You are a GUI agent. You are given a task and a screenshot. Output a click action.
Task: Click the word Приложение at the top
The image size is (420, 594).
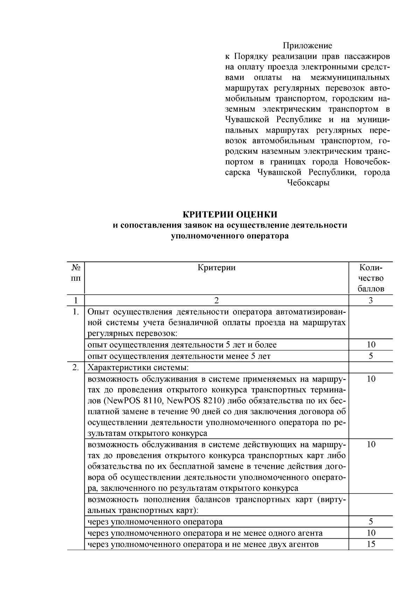307,46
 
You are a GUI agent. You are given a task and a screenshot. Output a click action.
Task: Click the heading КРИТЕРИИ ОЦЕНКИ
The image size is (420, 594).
230,214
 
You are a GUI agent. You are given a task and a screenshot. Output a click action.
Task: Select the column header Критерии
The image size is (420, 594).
216,268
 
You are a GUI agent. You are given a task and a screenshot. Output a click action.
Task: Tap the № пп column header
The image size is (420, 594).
76,273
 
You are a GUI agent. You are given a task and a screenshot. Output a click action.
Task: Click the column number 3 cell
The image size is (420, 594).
371,300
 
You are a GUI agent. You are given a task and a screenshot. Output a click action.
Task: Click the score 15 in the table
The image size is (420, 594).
371,544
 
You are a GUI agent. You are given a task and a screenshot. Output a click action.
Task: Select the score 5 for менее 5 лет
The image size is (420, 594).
371,356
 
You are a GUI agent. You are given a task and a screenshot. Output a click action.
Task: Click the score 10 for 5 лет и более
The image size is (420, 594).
371,344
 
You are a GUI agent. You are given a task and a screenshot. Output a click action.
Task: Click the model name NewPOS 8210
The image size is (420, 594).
196,400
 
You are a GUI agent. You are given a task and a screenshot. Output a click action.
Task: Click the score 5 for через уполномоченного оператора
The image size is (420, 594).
371,522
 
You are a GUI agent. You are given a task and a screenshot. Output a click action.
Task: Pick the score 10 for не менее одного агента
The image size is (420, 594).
371,533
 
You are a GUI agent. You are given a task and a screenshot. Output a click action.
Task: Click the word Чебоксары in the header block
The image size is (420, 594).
308,183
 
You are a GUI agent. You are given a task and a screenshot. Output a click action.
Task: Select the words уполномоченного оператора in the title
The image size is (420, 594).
230,236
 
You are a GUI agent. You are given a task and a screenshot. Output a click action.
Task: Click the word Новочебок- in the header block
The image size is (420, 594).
367,162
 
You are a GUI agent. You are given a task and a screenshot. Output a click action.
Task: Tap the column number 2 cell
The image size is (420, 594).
216,300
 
